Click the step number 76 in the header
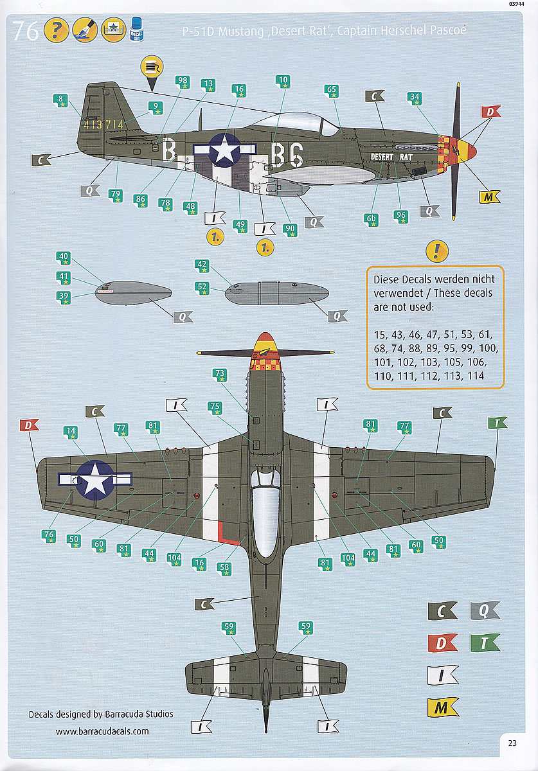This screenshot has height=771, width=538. [26, 31]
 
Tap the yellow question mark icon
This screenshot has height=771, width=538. [56, 30]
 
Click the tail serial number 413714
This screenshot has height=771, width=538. [103, 124]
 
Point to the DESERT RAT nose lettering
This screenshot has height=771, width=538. [391, 157]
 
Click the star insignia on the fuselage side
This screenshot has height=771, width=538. [225, 150]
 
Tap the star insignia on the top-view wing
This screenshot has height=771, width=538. [95, 480]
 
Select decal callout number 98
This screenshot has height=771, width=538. [182, 82]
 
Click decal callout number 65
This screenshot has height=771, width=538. [331, 91]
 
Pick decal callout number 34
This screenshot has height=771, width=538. [415, 98]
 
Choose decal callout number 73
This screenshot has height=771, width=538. [220, 375]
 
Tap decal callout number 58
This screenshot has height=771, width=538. [224, 569]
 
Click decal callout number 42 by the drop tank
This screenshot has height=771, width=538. [202, 266]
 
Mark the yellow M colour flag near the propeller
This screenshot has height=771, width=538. [489, 197]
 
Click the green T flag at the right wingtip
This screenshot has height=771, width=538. [498, 423]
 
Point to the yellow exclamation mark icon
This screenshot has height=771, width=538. [437, 251]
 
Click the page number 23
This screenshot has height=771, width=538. [512, 743]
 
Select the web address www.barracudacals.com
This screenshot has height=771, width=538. [102, 731]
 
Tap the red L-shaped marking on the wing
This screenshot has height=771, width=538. [228, 533]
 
